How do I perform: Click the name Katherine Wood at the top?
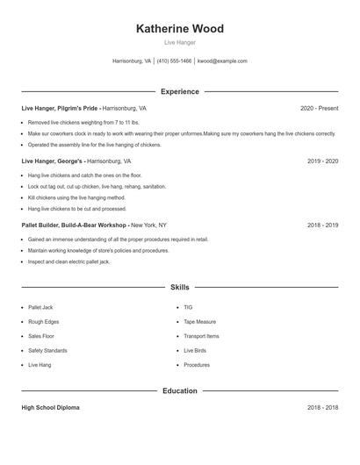(x=179, y=29)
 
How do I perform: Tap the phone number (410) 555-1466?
(x=174, y=61)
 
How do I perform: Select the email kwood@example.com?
(x=222, y=61)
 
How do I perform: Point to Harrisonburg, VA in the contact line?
(x=132, y=61)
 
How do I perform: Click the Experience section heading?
(x=179, y=91)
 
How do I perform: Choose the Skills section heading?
(x=179, y=287)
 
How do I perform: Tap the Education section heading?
(x=179, y=390)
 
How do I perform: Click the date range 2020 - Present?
(x=319, y=108)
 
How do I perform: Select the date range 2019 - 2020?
(x=322, y=161)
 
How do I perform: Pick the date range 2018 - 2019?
(x=322, y=225)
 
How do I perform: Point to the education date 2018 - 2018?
(x=322, y=408)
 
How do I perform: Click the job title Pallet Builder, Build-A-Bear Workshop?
(x=75, y=225)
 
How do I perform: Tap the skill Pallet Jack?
(x=40, y=307)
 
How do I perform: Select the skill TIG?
(x=188, y=307)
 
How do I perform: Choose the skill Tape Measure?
(x=199, y=322)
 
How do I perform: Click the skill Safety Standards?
(x=47, y=350)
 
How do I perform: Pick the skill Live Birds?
(x=194, y=350)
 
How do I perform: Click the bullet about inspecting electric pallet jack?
(x=68, y=261)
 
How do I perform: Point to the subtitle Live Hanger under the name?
(x=179, y=42)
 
